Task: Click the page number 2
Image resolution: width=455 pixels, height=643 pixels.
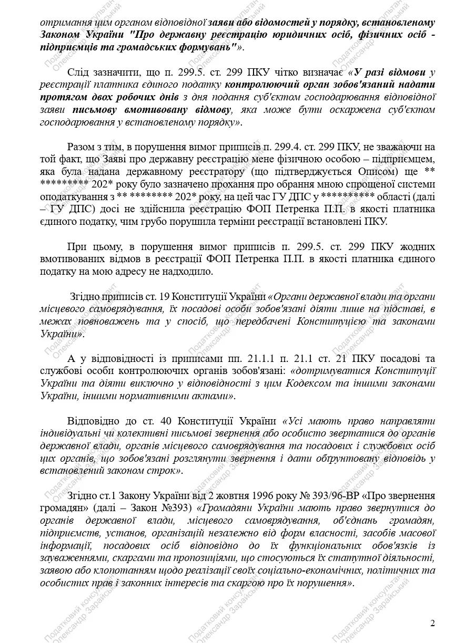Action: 432,624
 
